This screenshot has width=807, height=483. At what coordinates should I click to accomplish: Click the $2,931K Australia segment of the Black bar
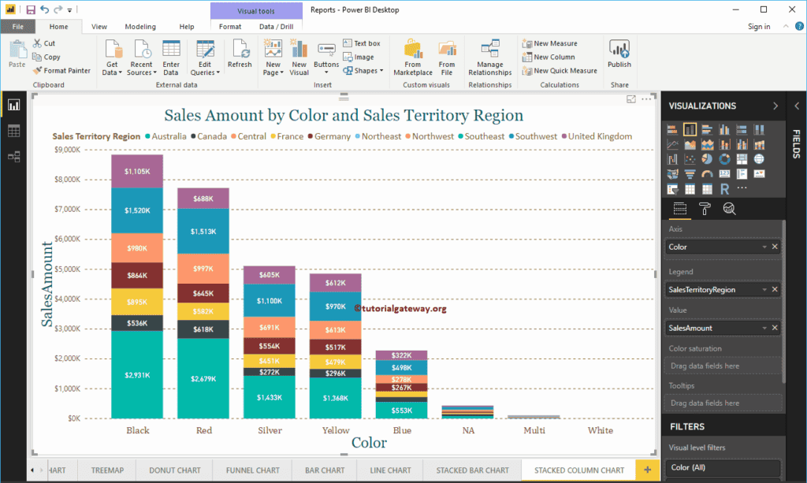[137, 374]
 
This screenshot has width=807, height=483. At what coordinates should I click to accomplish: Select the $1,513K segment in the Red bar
[203, 232]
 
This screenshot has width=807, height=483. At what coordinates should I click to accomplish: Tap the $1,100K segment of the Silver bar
[269, 300]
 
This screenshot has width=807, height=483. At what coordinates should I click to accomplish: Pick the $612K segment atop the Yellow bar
[335, 283]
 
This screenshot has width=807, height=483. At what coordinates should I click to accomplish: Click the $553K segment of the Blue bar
[401, 410]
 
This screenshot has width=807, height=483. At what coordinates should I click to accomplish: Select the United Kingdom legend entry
[600, 136]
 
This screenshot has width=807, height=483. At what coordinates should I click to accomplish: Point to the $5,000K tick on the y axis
[68, 269]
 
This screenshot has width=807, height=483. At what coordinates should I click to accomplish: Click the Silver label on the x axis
[270, 431]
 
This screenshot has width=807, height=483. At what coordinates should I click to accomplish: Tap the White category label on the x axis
[601, 431]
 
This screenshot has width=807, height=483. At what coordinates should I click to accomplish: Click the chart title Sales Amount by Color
[344, 115]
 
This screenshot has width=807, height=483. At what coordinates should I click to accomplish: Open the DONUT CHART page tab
[175, 470]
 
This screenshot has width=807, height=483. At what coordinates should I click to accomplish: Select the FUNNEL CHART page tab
[253, 470]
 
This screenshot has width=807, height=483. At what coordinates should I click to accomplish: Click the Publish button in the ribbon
[619, 54]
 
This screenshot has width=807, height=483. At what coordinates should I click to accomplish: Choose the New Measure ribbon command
[555, 43]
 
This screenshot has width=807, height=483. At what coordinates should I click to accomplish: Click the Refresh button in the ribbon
[240, 54]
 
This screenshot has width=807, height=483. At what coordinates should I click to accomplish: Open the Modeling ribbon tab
[140, 27]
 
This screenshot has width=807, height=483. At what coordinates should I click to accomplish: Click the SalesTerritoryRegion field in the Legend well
[713, 290]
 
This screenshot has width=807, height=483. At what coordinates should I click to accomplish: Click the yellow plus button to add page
[648, 470]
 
